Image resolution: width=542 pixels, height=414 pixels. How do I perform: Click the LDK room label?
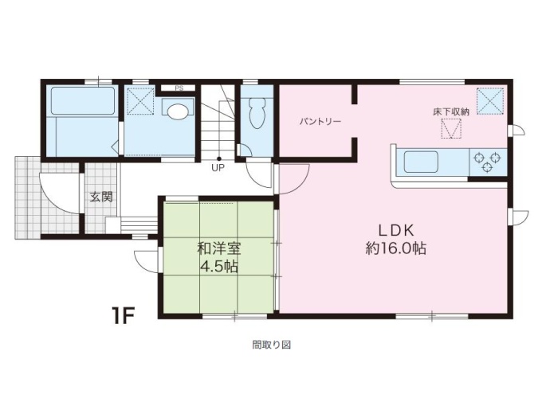(396, 230)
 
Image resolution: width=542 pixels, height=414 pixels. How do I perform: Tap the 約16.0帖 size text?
(396, 248)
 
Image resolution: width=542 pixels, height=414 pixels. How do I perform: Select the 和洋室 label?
(219, 248)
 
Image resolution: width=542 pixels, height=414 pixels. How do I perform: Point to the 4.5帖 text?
(219, 266)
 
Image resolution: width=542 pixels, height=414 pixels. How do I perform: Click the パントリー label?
(320, 122)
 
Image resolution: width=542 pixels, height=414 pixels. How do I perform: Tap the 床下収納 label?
(451, 111)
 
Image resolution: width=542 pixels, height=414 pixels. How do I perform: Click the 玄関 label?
(101, 197)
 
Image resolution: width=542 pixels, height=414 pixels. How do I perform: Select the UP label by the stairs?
(218, 168)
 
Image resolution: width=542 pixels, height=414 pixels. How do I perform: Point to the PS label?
(179, 88)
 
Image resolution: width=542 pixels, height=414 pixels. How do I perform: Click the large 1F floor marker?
(123, 315)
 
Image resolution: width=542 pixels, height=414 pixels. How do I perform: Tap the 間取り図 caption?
(271, 345)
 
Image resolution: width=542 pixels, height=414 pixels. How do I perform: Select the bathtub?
(83, 101)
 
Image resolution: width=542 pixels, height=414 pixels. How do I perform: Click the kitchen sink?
(422, 162)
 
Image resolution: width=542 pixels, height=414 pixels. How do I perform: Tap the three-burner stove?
(487, 162)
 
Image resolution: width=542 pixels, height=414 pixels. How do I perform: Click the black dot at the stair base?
(218, 158)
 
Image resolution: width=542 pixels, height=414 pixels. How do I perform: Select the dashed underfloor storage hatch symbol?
(451, 128)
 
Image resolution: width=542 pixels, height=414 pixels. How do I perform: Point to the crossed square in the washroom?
(141, 100)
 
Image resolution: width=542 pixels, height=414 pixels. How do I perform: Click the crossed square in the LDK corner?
(490, 101)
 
